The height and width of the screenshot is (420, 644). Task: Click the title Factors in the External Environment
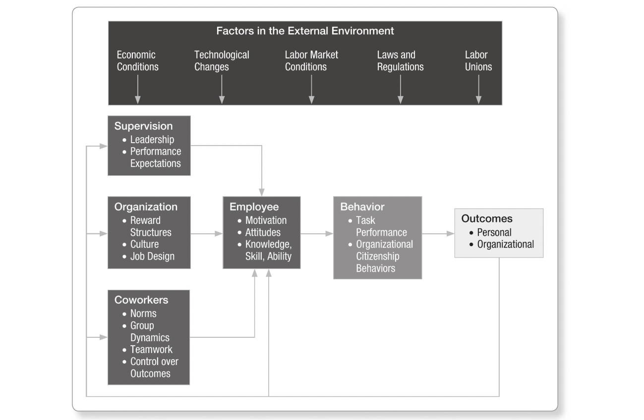coord(305,31)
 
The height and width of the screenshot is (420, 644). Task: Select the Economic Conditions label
coord(137,61)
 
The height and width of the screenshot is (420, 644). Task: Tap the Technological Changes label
coord(222,61)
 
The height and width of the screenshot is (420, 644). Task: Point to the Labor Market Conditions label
coord(311,61)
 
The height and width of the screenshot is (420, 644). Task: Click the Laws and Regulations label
coord(400,61)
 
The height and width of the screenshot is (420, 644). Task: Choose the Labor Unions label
coord(478,61)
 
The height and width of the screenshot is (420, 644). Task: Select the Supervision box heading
coord(143,126)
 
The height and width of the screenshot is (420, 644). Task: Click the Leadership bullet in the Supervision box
coord(152,140)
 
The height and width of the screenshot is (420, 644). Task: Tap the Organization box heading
coord(146,207)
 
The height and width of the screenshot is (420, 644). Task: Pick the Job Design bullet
coord(152,257)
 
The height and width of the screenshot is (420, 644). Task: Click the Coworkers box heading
coord(141,300)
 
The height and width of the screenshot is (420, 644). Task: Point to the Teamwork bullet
coord(151,349)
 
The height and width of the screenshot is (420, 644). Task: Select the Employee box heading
coord(254,207)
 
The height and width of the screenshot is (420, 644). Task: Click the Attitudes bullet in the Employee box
coord(262,232)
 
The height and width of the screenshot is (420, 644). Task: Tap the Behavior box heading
coord(362,207)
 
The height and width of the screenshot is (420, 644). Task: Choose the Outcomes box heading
coord(486,218)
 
